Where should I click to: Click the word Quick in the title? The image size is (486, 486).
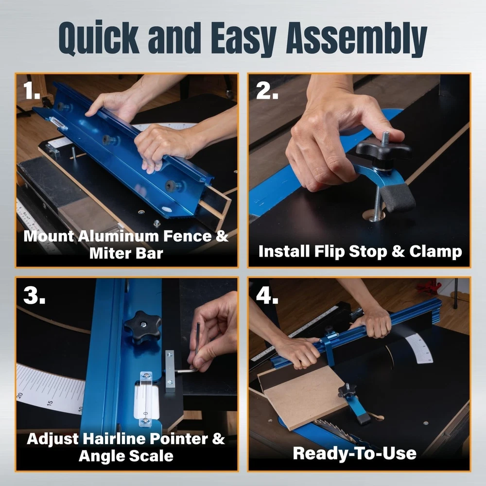click(x=99, y=38)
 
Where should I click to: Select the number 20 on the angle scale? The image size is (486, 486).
click(x=20, y=396)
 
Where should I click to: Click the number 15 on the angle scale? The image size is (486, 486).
click(x=50, y=403)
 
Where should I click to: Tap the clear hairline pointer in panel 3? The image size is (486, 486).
click(x=145, y=399)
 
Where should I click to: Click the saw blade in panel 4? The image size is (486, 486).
click(x=335, y=431)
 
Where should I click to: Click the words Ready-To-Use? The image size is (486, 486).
click(x=355, y=453)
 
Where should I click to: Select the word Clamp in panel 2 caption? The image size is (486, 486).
click(x=435, y=251)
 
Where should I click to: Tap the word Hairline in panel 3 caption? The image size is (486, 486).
click(x=114, y=438)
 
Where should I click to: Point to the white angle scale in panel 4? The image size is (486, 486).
click(x=419, y=348)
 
